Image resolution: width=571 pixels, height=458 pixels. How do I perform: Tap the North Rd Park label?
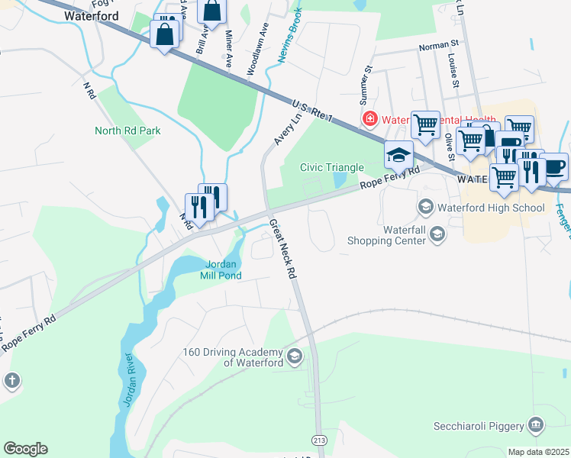click(127, 131)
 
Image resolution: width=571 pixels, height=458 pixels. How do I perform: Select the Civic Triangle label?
click(332, 166)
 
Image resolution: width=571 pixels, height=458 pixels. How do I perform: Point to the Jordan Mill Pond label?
click(222, 270)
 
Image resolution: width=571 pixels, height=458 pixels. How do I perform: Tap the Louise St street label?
click(452, 70)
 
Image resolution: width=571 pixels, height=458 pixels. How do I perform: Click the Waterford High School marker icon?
click(425, 207)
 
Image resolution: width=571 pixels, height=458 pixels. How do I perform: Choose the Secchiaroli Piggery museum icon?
click(536, 424)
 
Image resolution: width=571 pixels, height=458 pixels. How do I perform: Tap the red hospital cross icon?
click(370, 119)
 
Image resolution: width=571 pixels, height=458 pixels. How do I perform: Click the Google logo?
click(25, 449)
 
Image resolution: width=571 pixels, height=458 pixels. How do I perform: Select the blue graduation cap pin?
click(398, 155)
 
